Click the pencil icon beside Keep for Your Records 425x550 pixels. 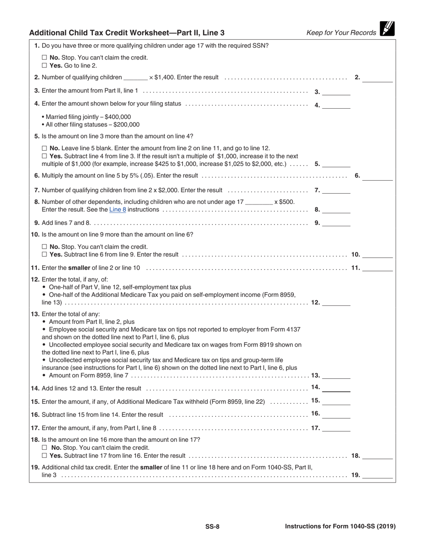pyautogui.click(x=387, y=29)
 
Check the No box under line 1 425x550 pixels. pyautogui.click(x=44, y=58)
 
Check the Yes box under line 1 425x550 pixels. pyautogui.click(x=44, y=65)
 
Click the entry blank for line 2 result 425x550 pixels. pyautogui.click(x=378, y=78)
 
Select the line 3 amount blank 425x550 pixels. pyautogui.click(x=336, y=92)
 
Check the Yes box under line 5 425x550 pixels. pyautogui.click(x=44, y=156)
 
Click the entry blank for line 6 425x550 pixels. pyautogui.click(x=378, y=177)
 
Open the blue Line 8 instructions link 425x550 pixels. pyautogui.click(x=118, y=209)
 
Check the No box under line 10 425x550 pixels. pyautogui.click(x=44, y=247)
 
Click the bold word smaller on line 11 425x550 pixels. pyautogui.click(x=79, y=268)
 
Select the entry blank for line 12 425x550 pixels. pyautogui.click(x=336, y=303)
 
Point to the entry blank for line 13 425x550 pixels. pyautogui.click(x=336, y=376)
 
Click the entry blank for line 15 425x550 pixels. pyautogui.click(x=336, y=402)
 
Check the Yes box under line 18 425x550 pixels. pyautogui.click(x=44, y=456)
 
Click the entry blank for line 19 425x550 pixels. pyautogui.click(x=378, y=476)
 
